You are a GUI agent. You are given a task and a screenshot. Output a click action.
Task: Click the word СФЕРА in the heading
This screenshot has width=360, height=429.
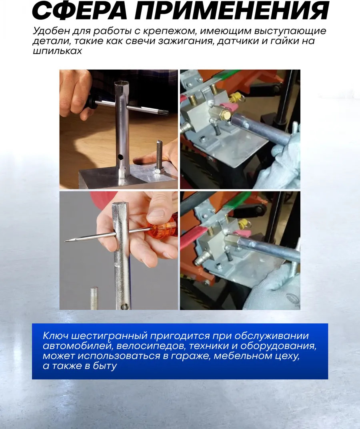79,11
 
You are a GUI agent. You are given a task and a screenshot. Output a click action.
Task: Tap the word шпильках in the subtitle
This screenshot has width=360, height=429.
57,51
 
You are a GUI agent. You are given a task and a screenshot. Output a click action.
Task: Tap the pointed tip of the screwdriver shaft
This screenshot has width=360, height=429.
66,241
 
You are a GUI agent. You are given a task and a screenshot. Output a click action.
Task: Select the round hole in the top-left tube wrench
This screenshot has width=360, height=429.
120,157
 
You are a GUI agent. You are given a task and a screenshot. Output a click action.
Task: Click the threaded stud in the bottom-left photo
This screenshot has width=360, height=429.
94,298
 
